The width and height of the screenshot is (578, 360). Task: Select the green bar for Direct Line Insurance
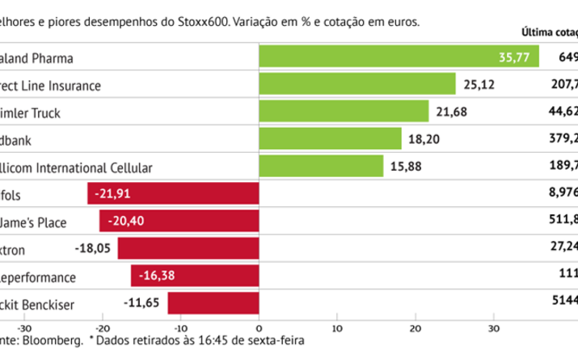click(357, 85)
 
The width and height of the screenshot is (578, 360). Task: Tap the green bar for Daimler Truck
click(344, 112)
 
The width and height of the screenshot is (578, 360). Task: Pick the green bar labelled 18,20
click(330, 138)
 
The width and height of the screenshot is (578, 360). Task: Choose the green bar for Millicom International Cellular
click(321, 166)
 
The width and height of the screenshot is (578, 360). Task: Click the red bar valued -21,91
click(173, 193)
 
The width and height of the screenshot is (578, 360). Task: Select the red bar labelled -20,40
click(179, 221)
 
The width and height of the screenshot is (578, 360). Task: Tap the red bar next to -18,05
click(188, 248)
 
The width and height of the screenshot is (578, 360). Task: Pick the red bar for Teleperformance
click(194, 276)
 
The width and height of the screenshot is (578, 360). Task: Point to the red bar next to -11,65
click(213, 303)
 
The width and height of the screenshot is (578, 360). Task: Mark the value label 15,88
click(407, 166)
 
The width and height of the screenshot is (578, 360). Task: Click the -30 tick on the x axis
click(24, 328)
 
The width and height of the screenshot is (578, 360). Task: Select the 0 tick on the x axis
click(259, 328)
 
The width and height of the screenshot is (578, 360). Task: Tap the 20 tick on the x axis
click(415, 328)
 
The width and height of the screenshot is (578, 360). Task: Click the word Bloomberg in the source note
click(57, 342)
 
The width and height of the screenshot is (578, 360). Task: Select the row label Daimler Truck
click(32, 112)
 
